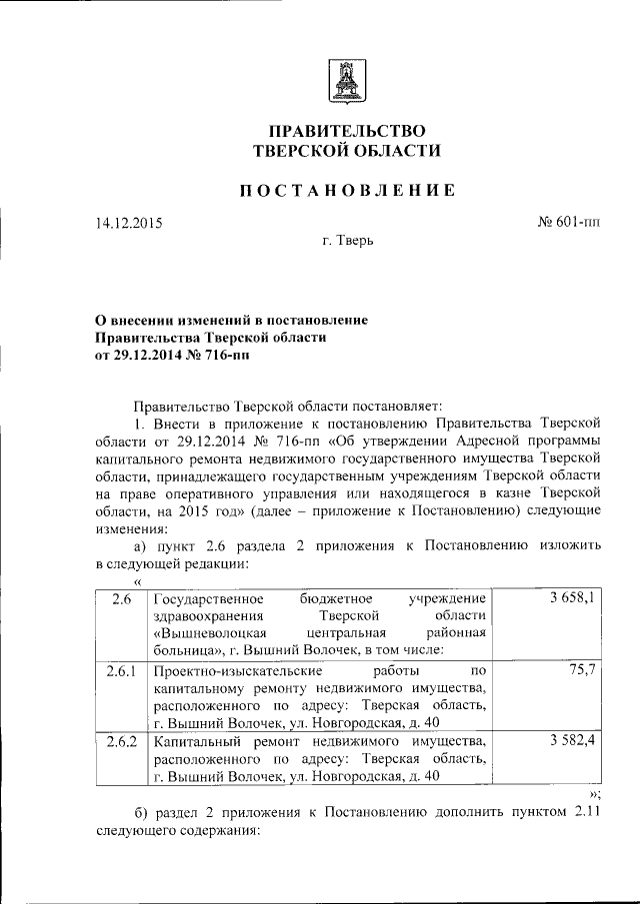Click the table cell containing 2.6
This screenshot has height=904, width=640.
(121, 598)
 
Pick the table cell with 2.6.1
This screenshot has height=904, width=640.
(121, 670)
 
